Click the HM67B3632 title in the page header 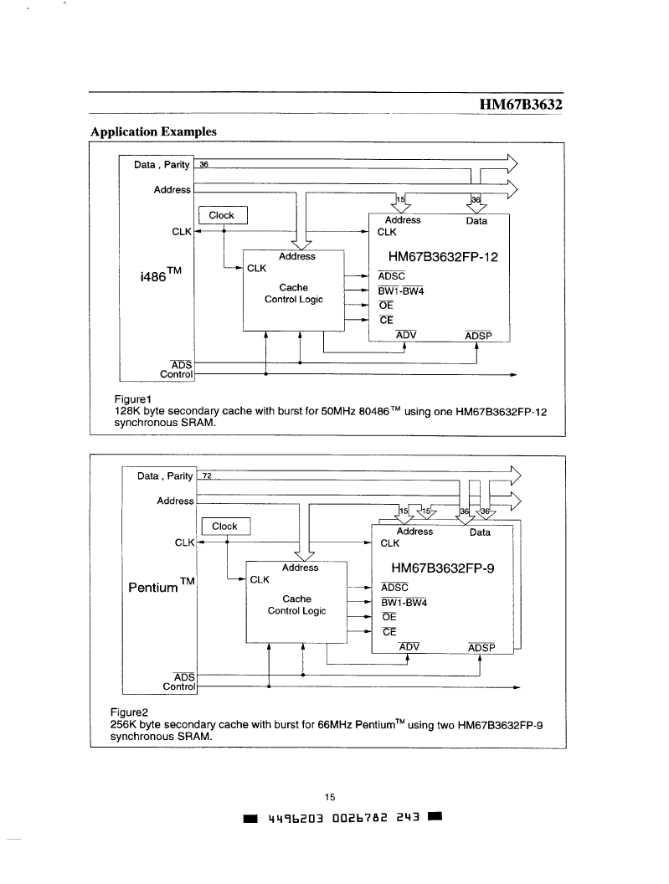[x=521, y=105]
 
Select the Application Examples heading [x=153, y=131]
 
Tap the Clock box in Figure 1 [x=223, y=215]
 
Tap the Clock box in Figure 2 [x=225, y=527]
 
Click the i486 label [x=160, y=275]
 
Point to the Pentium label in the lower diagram [x=162, y=586]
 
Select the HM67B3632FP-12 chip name [x=443, y=257]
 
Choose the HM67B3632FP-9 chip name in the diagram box [x=443, y=568]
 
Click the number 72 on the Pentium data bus [x=207, y=475]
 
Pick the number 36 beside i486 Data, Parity [x=203, y=165]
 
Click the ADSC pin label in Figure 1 [x=392, y=275]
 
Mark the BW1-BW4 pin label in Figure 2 [x=404, y=602]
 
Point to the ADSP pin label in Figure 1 [x=478, y=336]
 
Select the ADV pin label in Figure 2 [x=409, y=646]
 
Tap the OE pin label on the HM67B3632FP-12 [x=386, y=305]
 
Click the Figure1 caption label [x=132, y=399]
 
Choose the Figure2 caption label [x=129, y=712]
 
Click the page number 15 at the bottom [x=330, y=797]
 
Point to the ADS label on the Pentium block [x=184, y=677]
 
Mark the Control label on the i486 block [x=176, y=374]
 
